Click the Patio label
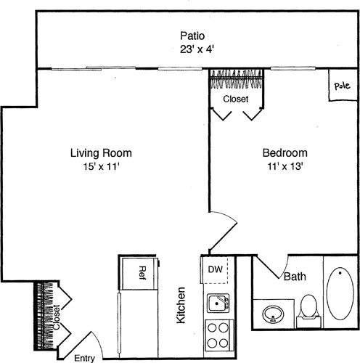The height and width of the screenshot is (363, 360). coord(192,36)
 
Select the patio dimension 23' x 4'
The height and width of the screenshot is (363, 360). coord(192,49)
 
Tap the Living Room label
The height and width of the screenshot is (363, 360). coord(101,153)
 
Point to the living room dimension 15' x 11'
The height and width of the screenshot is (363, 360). coord(101,167)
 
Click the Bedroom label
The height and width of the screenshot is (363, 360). coord(285,153)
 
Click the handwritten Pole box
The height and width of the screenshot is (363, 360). coord(341,86)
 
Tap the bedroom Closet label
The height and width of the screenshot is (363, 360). coord(235,98)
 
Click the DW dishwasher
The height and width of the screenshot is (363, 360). coord(216,270)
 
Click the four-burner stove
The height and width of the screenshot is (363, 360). coord(217,335)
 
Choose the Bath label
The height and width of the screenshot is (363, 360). coord(294,277)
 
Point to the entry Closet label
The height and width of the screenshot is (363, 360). coord(56,317)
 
